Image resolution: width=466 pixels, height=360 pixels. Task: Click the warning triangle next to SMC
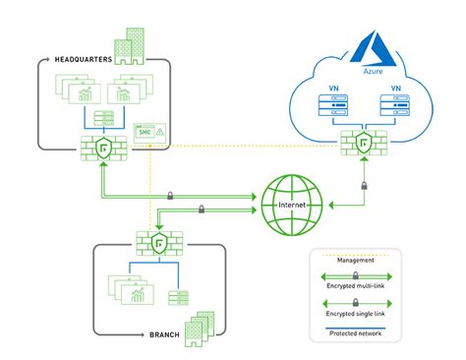click(159, 132)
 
